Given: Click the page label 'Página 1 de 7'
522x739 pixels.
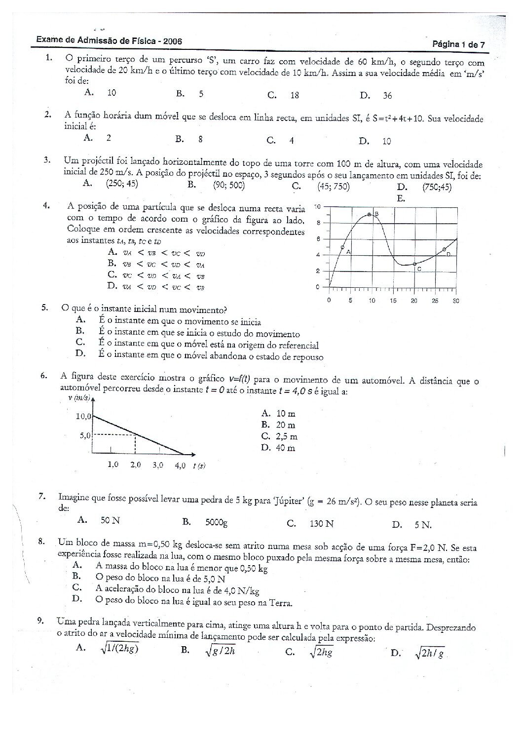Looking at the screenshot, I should (x=459, y=44).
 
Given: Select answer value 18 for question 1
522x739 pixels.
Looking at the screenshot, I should (x=295, y=95).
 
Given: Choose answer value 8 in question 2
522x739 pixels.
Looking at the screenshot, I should (x=200, y=139).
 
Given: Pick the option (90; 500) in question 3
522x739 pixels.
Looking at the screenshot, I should (x=229, y=185).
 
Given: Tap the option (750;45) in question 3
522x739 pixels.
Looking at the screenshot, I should (x=437, y=187).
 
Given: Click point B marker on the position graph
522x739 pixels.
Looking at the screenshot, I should (x=370, y=215).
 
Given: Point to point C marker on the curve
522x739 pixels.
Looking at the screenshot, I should (x=414, y=264).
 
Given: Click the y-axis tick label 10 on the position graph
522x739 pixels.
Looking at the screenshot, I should (x=318, y=206).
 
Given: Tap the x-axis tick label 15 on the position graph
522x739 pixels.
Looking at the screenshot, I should (x=393, y=301).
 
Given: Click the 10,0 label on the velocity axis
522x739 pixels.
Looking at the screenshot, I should (x=83, y=416).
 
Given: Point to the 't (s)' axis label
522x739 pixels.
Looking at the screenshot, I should (x=199, y=466).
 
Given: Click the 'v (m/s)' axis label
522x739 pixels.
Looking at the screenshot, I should (x=78, y=398).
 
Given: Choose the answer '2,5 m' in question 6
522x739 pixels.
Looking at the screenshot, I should (x=287, y=436).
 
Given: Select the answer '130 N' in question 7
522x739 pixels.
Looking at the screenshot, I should (x=322, y=523).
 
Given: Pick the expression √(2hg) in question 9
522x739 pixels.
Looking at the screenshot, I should (x=321, y=652).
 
